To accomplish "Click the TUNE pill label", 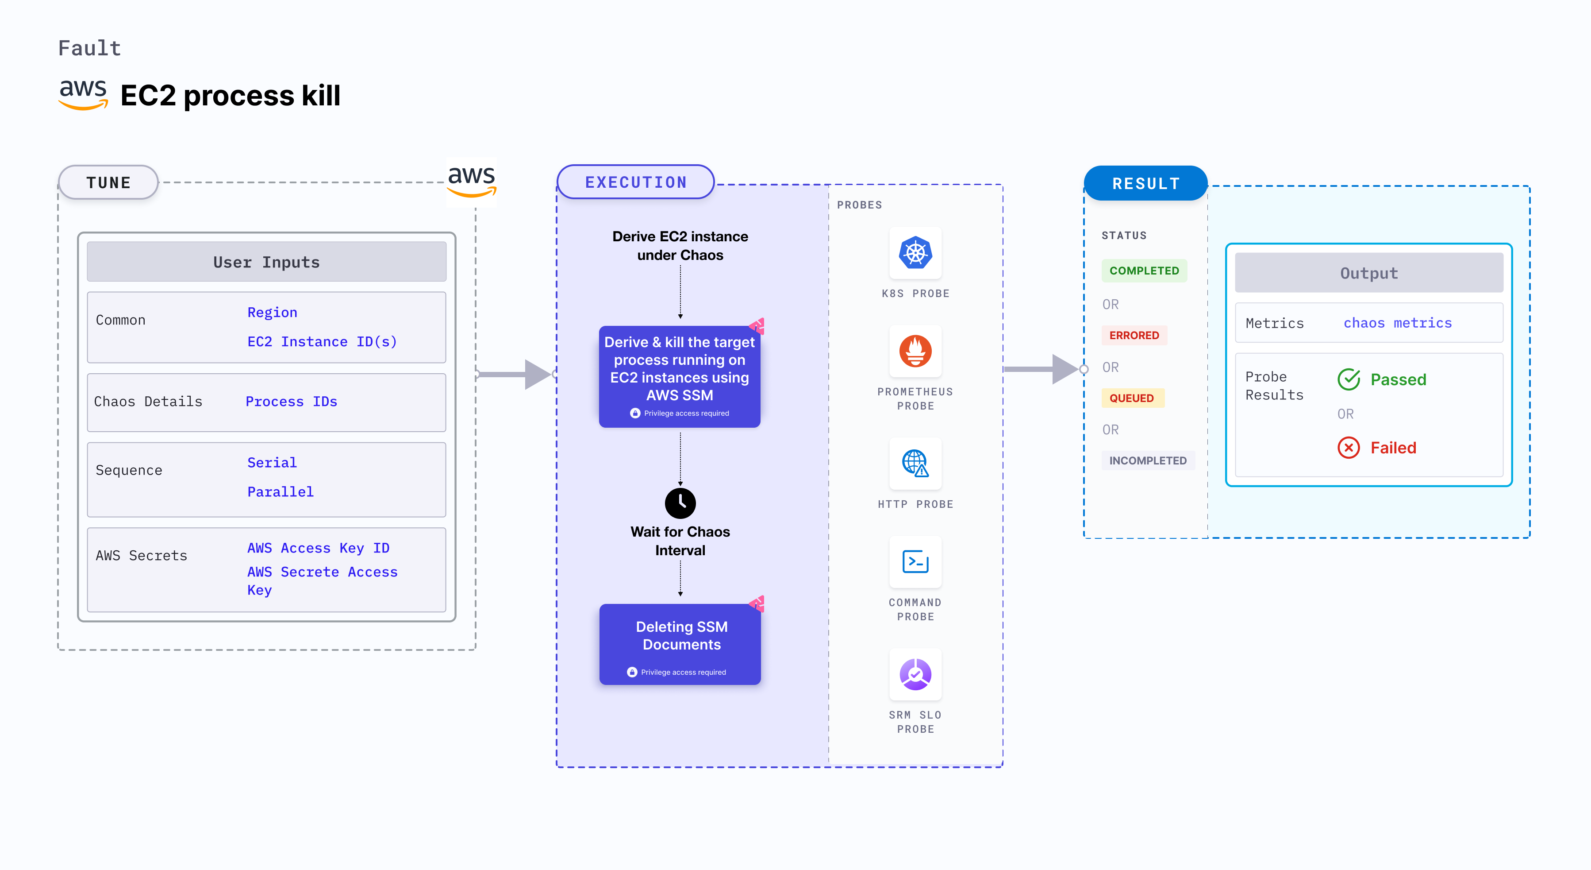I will pyautogui.click(x=109, y=183).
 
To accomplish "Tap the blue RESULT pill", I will pyautogui.click(x=1146, y=183).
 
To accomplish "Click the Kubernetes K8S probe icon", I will pyautogui.click(x=915, y=253).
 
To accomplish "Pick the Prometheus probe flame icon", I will pyautogui.click(x=915, y=351).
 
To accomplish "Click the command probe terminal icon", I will pyautogui.click(x=915, y=562).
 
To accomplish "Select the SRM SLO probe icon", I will pyautogui.click(x=915, y=674).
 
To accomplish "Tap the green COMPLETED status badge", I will pyautogui.click(x=1144, y=271).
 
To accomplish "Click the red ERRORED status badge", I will pyautogui.click(x=1134, y=336).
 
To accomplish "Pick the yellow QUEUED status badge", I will pyautogui.click(x=1131, y=398).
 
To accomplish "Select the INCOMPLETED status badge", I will pyautogui.click(x=1148, y=460).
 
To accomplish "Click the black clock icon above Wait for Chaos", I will pyautogui.click(x=680, y=503).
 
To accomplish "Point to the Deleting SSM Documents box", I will pyautogui.click(x=680, y=644).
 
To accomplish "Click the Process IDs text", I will pyautogui.click(x=292, y=402).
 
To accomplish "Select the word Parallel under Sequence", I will pyautogui.click(x=281, y=492).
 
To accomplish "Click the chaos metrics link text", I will pyautogui.click(x=1398, y=323).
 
